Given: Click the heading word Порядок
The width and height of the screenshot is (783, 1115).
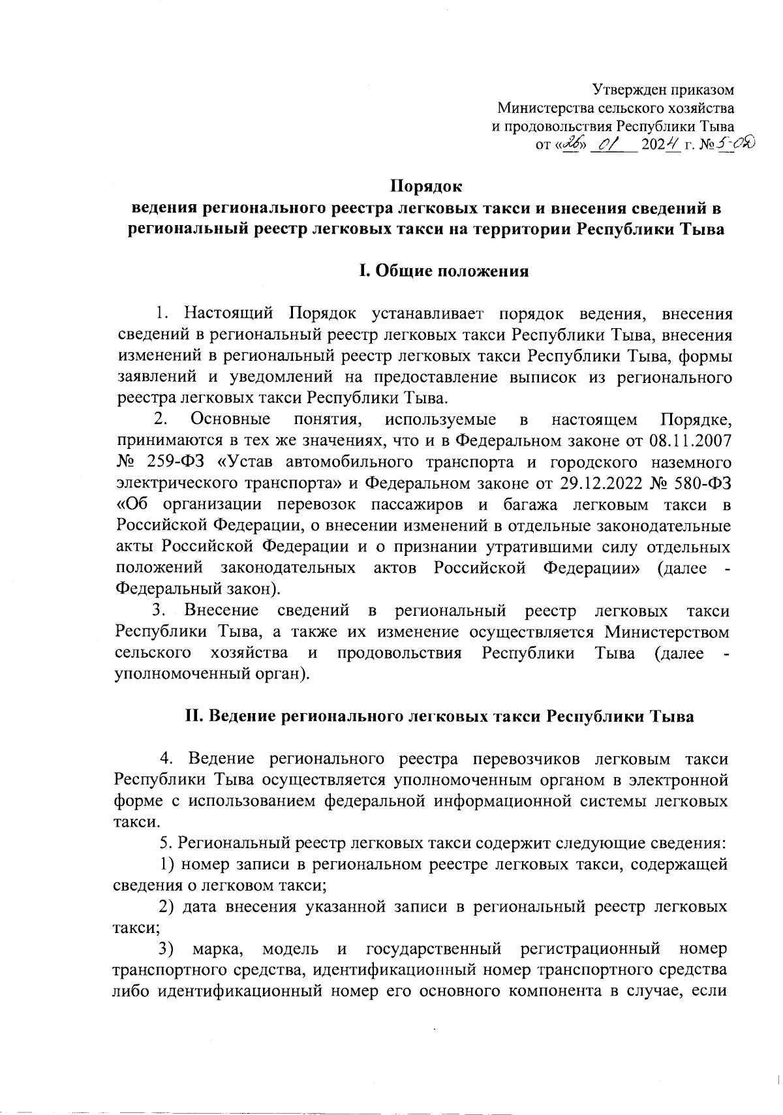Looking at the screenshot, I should tap(426, 186).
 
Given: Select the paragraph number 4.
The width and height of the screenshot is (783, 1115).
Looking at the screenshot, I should tap(166, 759).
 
